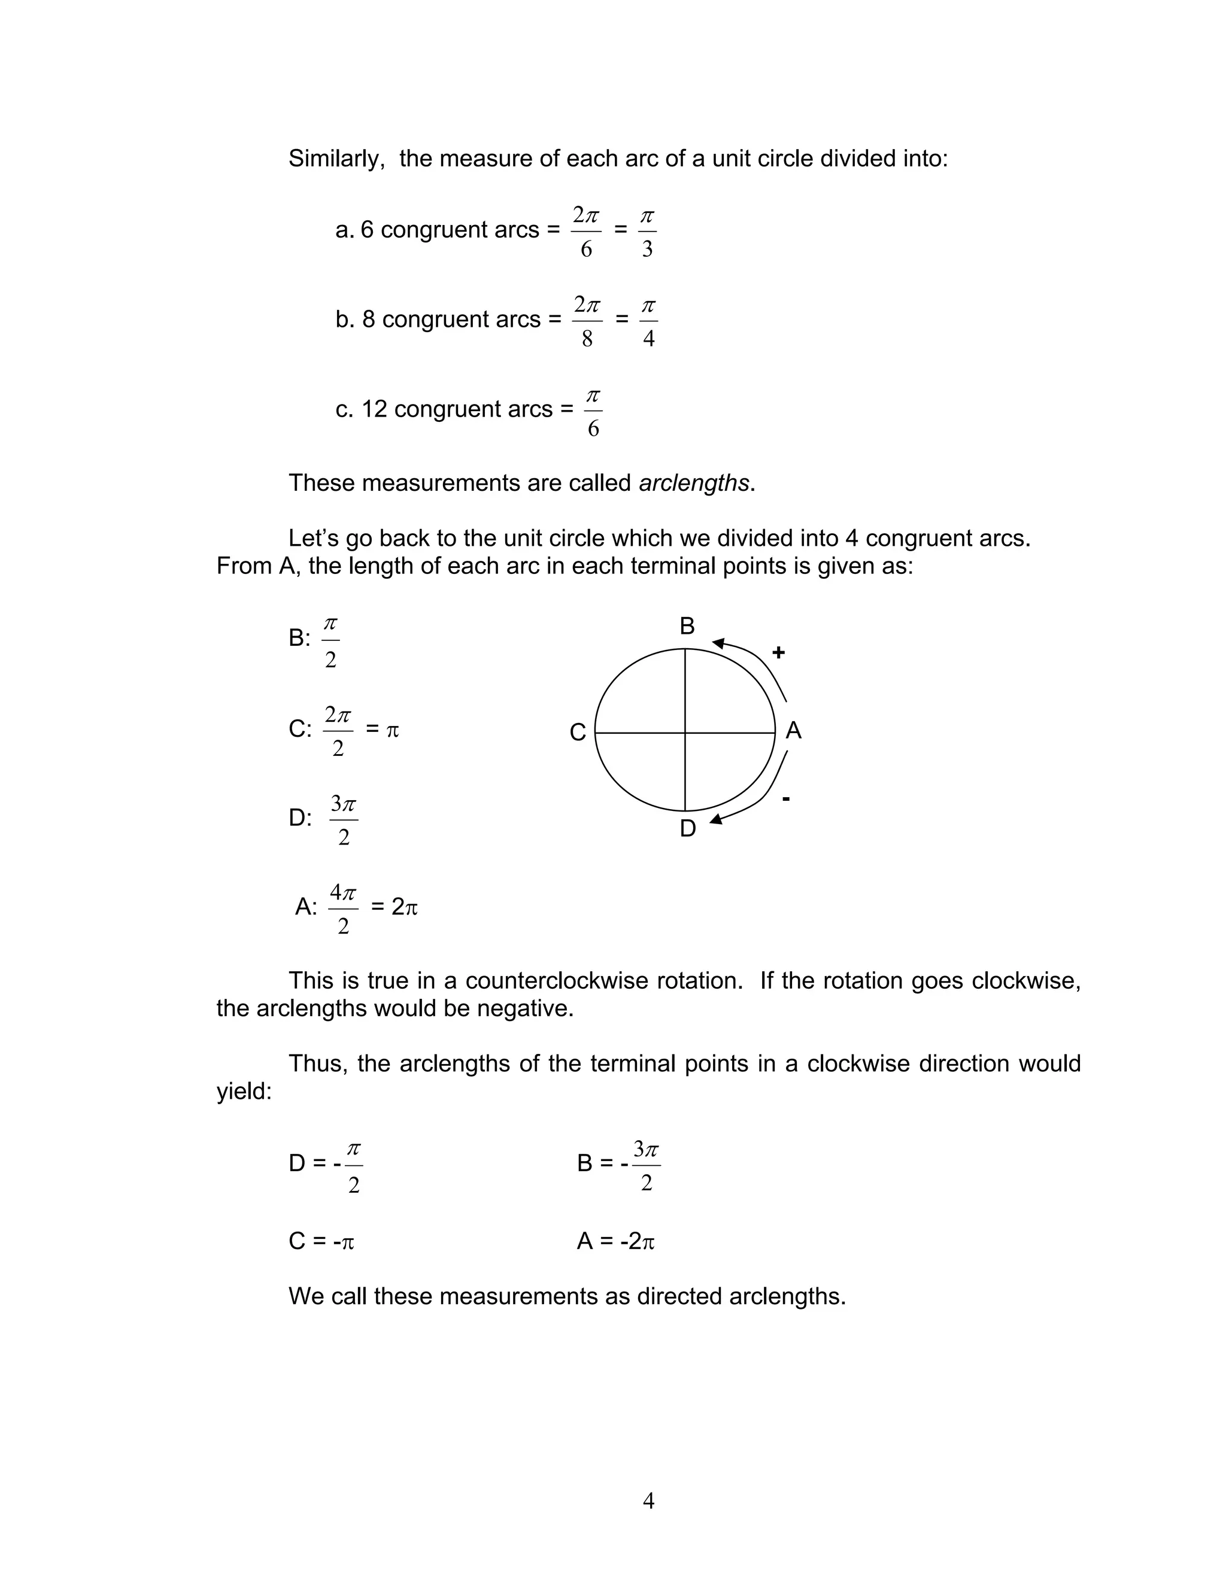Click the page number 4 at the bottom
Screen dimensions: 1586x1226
point(648,1500)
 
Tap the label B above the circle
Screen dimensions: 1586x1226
point(687,626)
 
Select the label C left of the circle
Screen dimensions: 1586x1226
point(578,732)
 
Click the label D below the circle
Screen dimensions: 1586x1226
point(687,828)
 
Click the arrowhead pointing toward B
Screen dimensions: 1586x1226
point(718,643)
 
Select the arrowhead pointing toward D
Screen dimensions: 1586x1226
point(716,819)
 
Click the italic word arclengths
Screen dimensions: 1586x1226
point(694,483)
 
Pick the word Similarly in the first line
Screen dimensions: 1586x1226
point(336,159)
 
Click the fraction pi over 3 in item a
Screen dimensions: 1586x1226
point(647,232)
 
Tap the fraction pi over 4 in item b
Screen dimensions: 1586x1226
point(648,322)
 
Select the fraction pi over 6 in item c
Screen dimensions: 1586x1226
point(593,412)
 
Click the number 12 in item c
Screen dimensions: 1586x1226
point(374,409)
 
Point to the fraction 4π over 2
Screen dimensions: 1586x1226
point(343,909)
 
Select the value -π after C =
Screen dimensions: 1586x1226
point(343,1241)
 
